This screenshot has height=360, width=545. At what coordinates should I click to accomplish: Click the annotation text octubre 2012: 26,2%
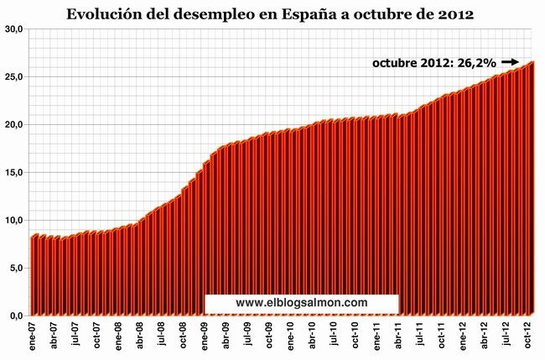(434, 62)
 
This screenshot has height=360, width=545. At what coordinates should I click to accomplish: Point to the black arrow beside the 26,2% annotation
(510, 61)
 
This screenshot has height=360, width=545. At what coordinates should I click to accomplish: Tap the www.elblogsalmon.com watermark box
(301, 302)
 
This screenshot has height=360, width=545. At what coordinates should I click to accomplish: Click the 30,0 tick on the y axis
(14, 29)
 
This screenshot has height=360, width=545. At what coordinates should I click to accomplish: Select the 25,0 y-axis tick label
(14, 77)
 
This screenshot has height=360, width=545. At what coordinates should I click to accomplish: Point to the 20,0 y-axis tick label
(14, 125)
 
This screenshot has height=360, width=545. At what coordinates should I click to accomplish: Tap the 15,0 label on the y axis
(14, 173)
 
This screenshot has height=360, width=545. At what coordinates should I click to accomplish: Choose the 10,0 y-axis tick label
(14, 221)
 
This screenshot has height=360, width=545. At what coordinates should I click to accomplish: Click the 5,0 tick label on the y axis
(17, 269)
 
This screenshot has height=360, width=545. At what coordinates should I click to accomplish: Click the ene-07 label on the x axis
(34, 337)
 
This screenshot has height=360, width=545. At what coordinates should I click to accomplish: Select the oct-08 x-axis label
(184, 337)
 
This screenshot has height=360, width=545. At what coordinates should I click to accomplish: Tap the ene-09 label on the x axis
(205, 337)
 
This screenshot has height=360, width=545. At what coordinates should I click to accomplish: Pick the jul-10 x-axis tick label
(334, 337)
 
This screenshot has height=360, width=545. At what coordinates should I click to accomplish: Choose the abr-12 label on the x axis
(485, 337)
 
